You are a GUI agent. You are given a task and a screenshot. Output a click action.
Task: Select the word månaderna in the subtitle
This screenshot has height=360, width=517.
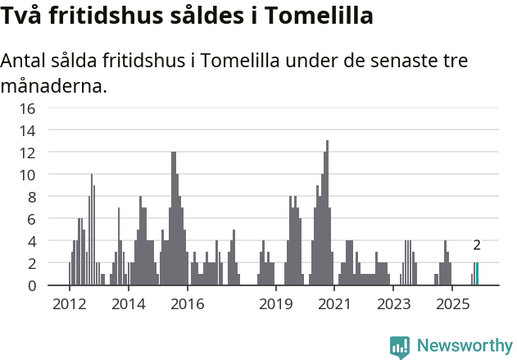pos(53,85)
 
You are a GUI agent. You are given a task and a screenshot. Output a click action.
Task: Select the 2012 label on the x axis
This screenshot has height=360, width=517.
pos(69,304)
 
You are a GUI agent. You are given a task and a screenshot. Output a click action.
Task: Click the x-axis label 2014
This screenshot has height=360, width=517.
pos(128,304)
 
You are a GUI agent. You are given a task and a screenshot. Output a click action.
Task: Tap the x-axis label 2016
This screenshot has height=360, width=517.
pos(187,304)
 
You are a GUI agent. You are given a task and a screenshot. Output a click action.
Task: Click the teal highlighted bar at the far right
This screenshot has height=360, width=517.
pos(477,274)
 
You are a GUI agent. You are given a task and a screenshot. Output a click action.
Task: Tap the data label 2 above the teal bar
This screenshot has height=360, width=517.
pos(477,245)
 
